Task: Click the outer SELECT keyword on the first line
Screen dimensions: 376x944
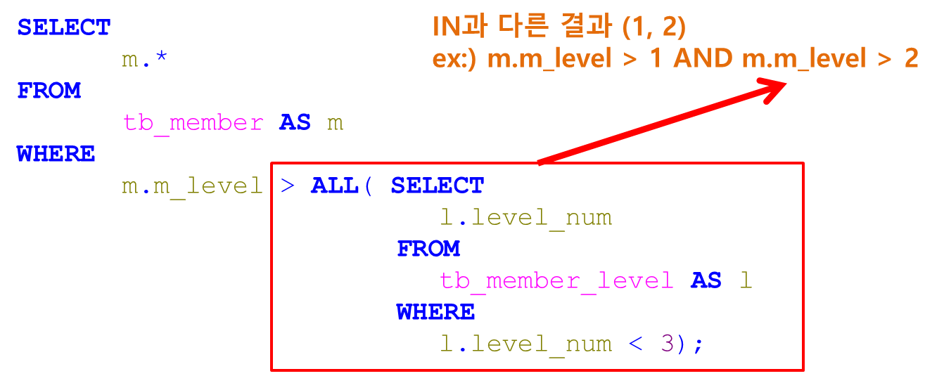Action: click(64, 28)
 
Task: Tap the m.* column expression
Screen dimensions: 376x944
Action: click(144, 60)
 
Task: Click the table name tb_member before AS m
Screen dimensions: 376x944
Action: click(193, 123)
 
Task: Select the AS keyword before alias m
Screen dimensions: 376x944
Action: click(295, 123)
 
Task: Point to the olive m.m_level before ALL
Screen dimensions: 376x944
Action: click(192, 186)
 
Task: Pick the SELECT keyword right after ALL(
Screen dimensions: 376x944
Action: click(437, 186)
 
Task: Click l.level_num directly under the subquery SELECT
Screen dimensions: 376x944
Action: click(525, 218)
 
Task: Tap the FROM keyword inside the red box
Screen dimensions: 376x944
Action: click(428, 249)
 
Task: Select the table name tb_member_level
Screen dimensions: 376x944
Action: click(556, 281)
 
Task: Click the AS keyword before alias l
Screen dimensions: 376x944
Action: click(706, 281)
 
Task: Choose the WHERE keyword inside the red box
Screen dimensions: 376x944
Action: click(435, 312)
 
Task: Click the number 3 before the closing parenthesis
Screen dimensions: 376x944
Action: click(668, 344)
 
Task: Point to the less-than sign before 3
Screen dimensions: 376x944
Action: click(636, 344)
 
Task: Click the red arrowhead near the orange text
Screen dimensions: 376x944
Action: click(774, 89)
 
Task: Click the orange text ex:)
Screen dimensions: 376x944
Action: click(454, 59)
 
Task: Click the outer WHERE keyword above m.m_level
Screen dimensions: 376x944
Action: click(56, 154)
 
